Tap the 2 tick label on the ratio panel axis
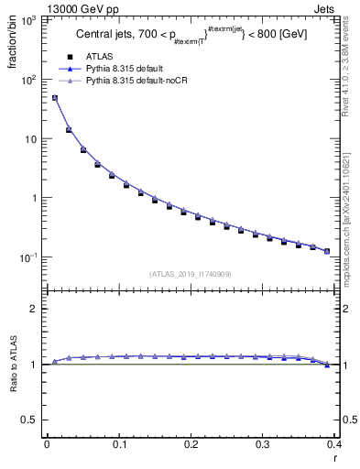38,309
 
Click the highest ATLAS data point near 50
54,98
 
